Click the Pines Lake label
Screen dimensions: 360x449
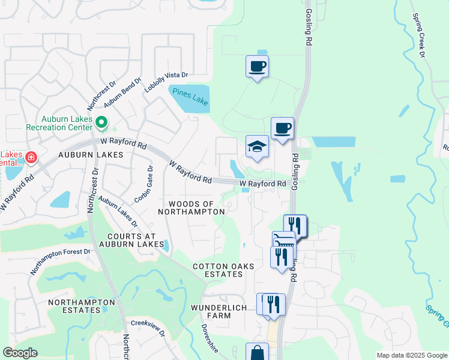tap(190, 97)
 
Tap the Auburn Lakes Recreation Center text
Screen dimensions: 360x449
tap(59, 123)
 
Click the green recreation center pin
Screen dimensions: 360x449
tap(101, 124)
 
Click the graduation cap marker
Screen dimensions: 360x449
tap(257, 146)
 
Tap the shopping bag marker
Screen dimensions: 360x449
tap(257, 353)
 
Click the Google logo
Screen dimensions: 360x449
tap(20, 353)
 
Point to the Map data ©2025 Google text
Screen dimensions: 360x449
tap(411, 355)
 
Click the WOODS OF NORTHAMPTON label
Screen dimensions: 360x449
tap(192, 208)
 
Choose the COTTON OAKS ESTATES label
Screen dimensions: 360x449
tap(223, 270)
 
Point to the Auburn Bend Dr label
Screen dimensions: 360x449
tap(122, 92)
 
